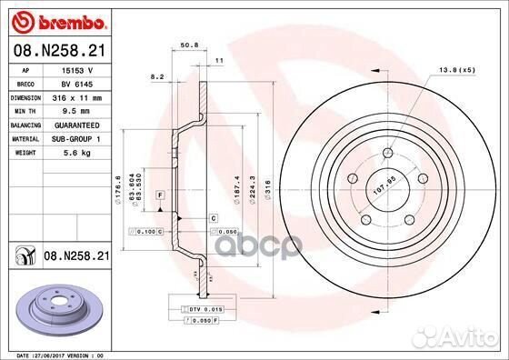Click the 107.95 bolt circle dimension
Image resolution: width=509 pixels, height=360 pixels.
click(x=384, y=191)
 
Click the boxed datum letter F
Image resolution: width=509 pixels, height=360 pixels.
click(x=159, y=195)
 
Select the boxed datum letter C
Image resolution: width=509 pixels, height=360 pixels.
click(x=213, y=218)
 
